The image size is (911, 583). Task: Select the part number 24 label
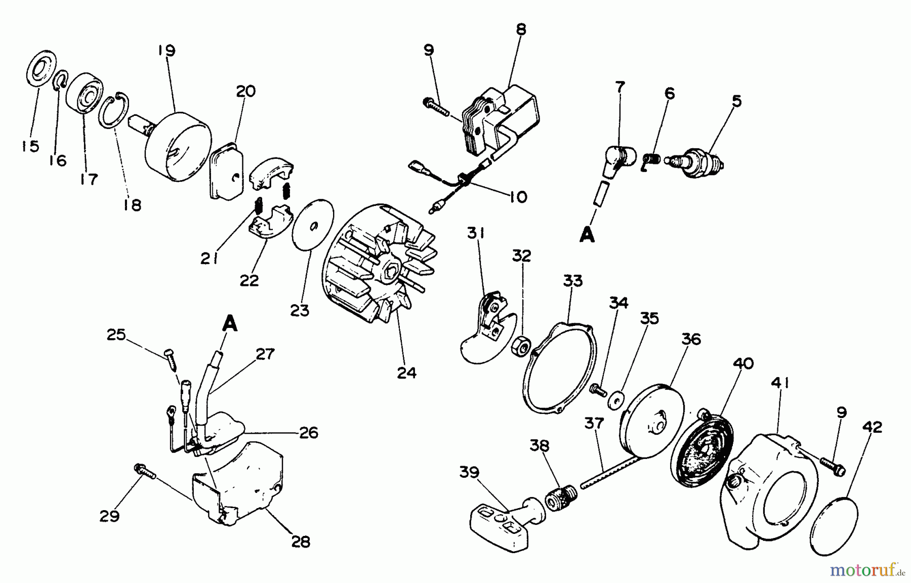pos(406,373)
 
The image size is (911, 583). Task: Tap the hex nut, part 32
pos(520,347)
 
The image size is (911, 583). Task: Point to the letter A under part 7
pos(587,235)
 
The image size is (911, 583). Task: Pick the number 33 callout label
pos(573,281)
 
